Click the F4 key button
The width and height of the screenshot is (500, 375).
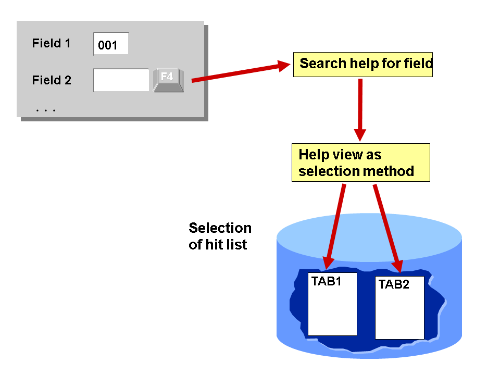click(168, 80)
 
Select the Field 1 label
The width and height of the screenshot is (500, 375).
click(51, 43)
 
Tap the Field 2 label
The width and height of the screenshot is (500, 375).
click(52, 80)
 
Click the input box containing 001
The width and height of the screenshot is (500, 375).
click(110, 44)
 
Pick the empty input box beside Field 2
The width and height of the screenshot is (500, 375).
click(121, 80)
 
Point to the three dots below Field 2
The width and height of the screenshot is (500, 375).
click(46, 110)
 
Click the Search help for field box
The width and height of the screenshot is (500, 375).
click(363, 64)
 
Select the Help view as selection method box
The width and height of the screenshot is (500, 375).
click(360, 162)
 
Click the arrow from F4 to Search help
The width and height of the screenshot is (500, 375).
click(240, 72)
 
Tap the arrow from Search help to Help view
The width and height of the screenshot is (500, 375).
click(359, 109)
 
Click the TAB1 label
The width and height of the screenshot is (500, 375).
click(326, 282)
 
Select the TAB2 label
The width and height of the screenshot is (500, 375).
click(394, 284)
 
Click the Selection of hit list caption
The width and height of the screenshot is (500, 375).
click(220, 236)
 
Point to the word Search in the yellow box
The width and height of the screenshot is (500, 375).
click(323, 64)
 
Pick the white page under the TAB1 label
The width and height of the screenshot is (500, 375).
click(332, 312)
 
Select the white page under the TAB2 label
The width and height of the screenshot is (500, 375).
click(399, 315)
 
